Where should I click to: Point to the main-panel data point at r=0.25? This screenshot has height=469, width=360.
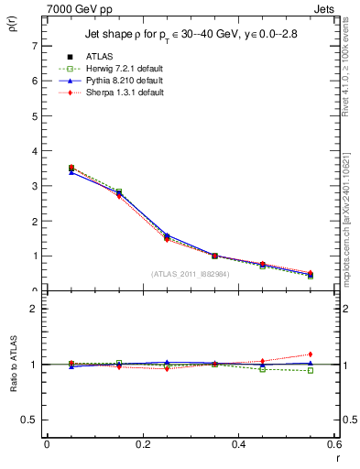coord(167,237)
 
